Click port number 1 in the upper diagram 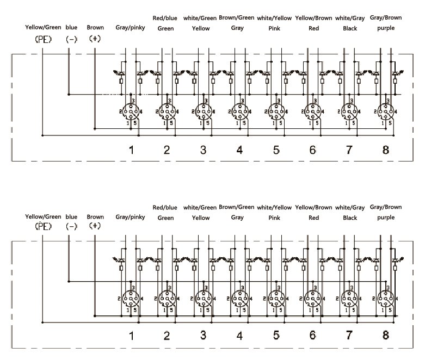click(131, 150)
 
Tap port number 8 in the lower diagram click(386, 335)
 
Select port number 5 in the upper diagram click(276, 150)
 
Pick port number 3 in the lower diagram click(203, 335)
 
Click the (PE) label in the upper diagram click(42, 40)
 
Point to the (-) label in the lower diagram click(71, 226)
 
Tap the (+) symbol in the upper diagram click(95, 40)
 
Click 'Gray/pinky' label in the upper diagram click(131, 27)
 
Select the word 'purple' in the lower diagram click(386, 218)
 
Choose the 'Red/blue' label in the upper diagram click(165, 18)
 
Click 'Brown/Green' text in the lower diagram click(237, 207)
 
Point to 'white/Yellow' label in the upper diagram click(274, 18)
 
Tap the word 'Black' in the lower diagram click(350, 218)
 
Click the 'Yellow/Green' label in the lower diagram click(44, 216)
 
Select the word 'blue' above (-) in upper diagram click(71, 27)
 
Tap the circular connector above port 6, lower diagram click(312, 297)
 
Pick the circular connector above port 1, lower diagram click(131, 297)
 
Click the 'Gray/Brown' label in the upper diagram click(386, 18)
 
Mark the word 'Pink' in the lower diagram click(274, 218)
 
